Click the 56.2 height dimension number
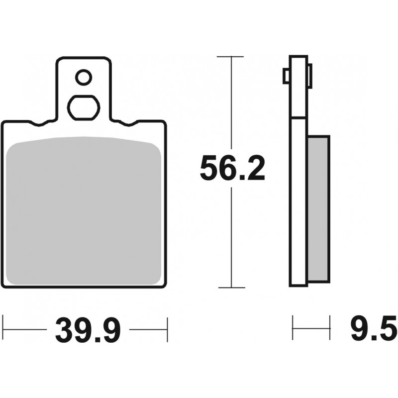(x=232, y=168)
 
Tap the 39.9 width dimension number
(x=88, y=330)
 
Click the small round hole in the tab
(x=84, y=77)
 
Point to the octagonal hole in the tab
(x=84, y=108)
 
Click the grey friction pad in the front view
(x=84, y=210)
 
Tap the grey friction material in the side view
(x=319, y=209)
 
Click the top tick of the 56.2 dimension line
(x=230, y=56)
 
